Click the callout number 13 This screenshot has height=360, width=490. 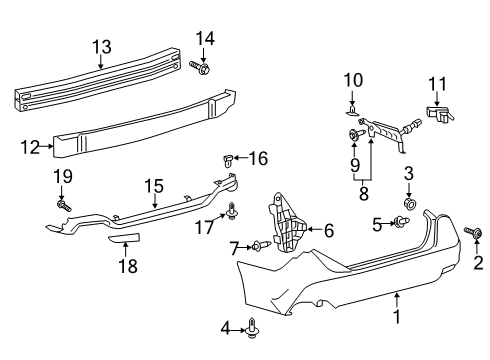[102, 46]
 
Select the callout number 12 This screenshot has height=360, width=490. [29, 148]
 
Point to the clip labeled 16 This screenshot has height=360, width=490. [228, 158]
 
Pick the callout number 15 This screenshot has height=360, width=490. [154, 185]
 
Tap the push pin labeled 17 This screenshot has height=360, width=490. [233, 210]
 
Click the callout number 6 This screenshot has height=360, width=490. [329, 231]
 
